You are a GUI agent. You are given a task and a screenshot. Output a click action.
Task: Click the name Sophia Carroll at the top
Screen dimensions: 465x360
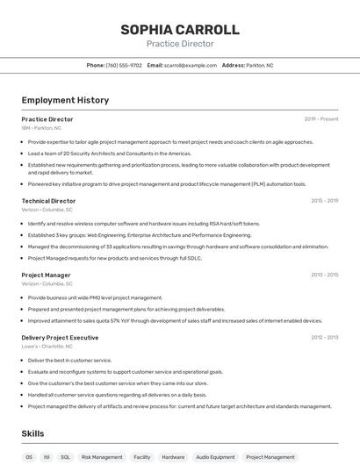tap(179, 29)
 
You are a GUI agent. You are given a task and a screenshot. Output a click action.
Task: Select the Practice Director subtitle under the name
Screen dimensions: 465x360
tap(179, 44)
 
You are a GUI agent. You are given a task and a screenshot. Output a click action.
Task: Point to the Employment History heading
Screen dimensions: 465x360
tap(65, 100)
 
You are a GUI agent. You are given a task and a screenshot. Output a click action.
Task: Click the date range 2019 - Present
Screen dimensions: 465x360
tap(321, 118)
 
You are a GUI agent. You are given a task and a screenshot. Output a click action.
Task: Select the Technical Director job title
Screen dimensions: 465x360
tap(48, 201)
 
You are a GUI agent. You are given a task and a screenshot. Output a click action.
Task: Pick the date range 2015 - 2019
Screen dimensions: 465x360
tap(324, 201)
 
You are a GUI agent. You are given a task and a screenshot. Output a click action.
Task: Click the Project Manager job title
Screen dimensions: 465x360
tap(46, 275)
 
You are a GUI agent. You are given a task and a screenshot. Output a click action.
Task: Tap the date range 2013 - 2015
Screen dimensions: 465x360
tap(324, 275)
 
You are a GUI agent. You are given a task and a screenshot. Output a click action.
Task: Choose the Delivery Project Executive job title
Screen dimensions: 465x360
tap(60, 338)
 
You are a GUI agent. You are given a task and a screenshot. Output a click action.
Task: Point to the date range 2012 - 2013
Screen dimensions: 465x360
tap(324, 338)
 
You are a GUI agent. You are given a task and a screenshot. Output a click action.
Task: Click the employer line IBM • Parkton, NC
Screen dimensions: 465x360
tap(41, 127)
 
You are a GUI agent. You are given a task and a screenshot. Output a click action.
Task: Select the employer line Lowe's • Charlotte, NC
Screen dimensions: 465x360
tap(48, 347)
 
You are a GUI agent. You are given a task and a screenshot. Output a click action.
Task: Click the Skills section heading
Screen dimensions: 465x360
tap(33, 433)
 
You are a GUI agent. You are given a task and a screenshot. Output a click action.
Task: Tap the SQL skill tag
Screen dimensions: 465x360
tap(66, 457)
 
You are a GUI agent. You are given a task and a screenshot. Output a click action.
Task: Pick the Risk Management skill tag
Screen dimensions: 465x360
tap(102, 457)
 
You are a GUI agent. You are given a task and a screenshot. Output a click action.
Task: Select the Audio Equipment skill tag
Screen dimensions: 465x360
tap(215, 457)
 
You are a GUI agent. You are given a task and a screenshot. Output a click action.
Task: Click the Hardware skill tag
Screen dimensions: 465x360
tap(173, 457)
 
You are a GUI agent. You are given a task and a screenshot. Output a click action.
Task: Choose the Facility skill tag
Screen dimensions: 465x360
tap(141, 457)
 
